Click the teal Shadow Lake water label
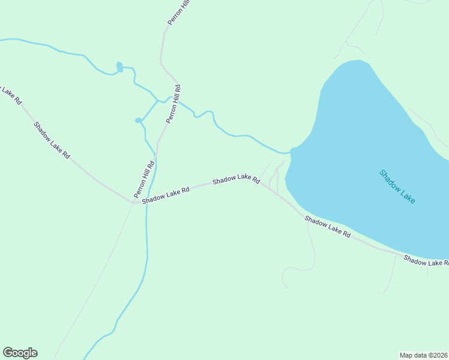[x=397, y=187]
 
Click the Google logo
[x=20, y=353]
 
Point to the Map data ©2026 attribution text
[x=424, y=355]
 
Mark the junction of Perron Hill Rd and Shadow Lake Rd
[x=133, y=202]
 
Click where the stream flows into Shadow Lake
[x=291, y=150]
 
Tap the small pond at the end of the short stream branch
[x=138, y=121]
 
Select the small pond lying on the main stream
[x=119, y=67]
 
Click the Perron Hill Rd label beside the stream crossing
[x=173, y=104]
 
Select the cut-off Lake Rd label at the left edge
[x=10, y=94]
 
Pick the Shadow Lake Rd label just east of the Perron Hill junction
[x=166, y=194]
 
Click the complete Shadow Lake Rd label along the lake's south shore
[x=327, y=226]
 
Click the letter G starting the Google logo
[x=8, y=352]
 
